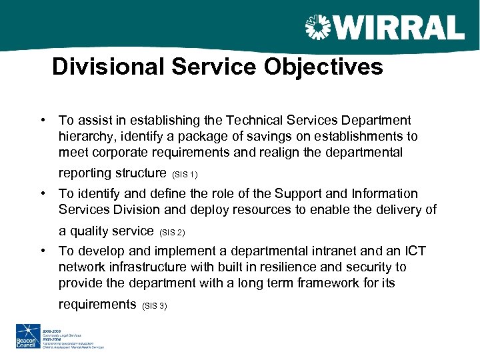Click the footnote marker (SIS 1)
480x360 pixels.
coord(185,175)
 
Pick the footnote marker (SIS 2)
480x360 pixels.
coord(172,233)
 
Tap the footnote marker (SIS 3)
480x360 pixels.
coord(155,305)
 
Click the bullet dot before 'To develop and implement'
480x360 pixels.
coord(42,251)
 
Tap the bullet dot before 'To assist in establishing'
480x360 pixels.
coord(42,121)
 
